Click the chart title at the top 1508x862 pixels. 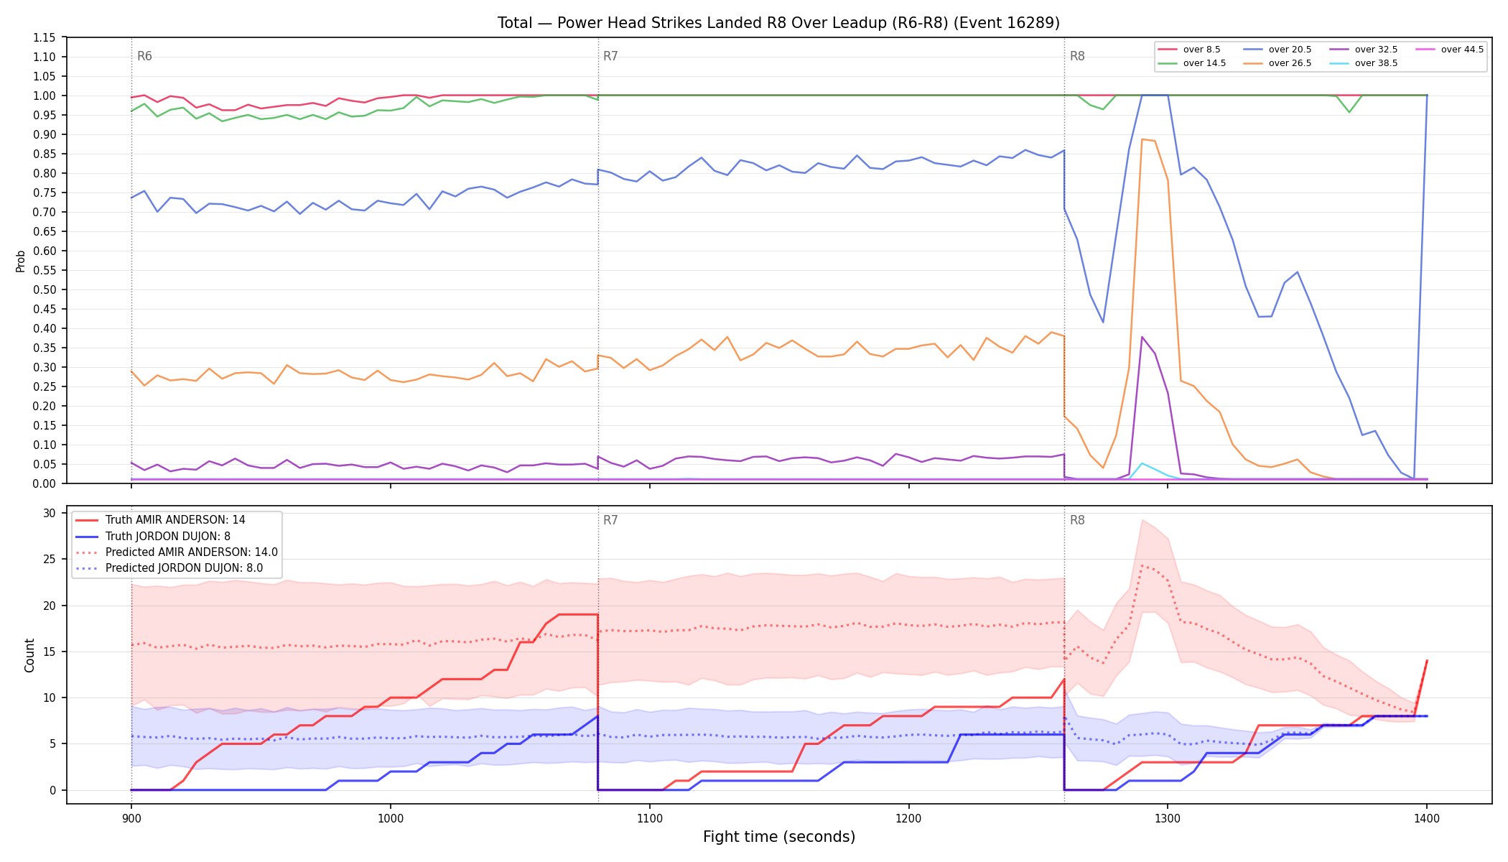[x=778, y=23]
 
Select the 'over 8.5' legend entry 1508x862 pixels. [x=1188, y=50]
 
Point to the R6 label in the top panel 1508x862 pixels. [x=144, y=56]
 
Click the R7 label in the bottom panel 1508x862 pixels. [x=610, y=520]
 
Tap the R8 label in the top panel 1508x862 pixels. [x=1077, y=56]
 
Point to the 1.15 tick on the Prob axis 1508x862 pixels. [x=44, y=37]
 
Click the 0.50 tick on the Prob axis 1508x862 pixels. [x=44, y=289]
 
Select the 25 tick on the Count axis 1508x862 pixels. [x=50, y=559]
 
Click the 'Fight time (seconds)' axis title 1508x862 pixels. [x=779, y=837]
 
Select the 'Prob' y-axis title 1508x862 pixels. [x=21, y=261]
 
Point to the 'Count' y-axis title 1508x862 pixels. [x=29, y=655]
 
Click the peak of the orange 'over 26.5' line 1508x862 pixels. [x=1142, y=139]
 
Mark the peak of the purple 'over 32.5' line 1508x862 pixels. [x=1142, y=337]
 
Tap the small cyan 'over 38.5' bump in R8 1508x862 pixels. [x=1142, y=463]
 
